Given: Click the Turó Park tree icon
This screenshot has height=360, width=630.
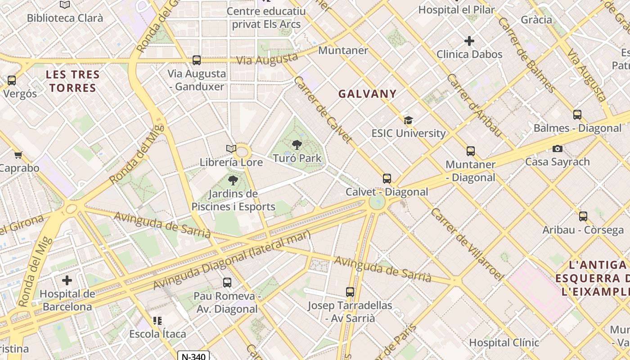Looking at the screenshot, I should click(x=297, y=144).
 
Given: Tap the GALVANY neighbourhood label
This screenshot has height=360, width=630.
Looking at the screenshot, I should click(x=367, y=94).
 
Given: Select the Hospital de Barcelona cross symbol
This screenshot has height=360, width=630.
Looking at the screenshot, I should click(x=67, y=280).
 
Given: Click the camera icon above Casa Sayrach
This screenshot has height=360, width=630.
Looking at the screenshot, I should click(x=557, y=148).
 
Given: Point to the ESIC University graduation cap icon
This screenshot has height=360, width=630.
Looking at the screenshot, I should click(x=408, y=120).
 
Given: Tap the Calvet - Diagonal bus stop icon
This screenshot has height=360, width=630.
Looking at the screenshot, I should click(x=387, y=179).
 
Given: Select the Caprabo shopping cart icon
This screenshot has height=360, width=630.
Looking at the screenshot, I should click(x=18, y=155).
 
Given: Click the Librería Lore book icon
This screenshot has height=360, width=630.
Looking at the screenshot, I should click(x=231, y=148).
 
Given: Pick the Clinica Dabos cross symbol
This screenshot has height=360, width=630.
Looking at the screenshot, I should click(x=469, y=41).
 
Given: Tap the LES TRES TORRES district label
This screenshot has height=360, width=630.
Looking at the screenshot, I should click(x=72, y=81).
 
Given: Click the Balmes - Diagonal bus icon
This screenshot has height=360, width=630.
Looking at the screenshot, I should click(x=577, y=115).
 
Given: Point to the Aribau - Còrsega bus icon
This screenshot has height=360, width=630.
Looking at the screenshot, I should click(x=583, y=216).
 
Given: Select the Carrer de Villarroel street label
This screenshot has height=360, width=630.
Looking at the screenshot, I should click(x=466, y=244).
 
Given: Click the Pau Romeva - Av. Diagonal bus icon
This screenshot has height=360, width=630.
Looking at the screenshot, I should click(x=227, y=283).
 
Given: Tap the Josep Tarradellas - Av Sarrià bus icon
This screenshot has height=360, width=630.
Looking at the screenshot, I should click(x=350, y=292).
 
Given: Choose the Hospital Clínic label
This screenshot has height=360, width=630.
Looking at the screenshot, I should click(x=504, y=342).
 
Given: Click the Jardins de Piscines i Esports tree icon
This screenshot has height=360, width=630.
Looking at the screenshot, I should click(x=233, y=180).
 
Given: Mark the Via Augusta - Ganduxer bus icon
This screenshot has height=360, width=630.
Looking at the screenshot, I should click(x=196, y=60).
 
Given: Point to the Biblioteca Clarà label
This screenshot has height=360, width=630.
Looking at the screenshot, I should click(x=65, y=18).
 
